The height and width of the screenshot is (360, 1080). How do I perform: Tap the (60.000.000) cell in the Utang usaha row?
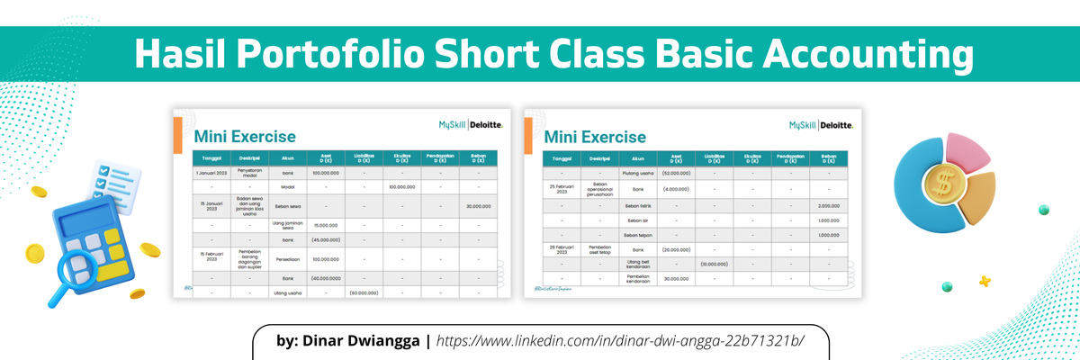pyautogui.click(x=363, y=292)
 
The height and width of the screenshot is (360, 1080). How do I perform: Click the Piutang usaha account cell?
pyautogui.click(x=637, y=172)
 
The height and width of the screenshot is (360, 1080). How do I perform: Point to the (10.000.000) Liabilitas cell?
pyautogui.click(x=715, y=265)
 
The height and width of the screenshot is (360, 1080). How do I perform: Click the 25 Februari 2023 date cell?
pyautogui.click(x=562, y=188)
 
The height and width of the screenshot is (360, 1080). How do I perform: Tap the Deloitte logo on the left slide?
pyautogui.click(x=487, y=125)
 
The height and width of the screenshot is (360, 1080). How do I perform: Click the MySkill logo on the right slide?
pyautogui.click(x=804, y=125)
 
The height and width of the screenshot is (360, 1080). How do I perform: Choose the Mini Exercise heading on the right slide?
pyautogui.click(x=595, y=137)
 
